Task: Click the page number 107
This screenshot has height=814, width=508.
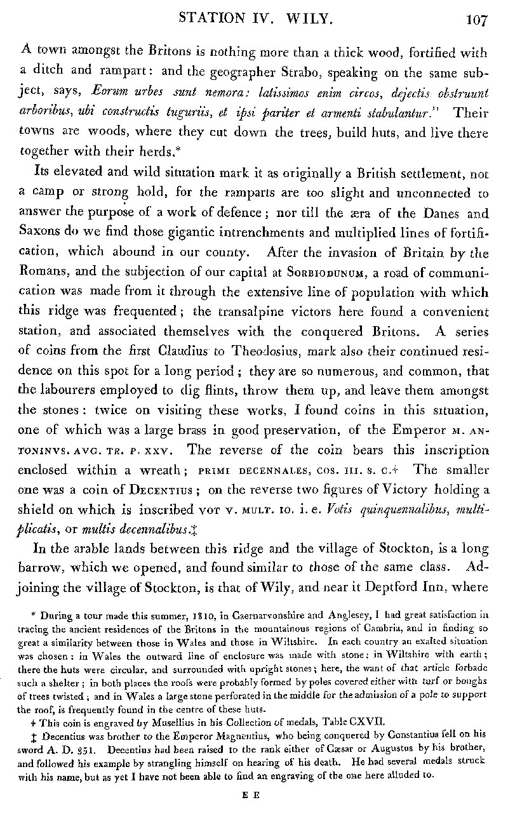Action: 475,18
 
